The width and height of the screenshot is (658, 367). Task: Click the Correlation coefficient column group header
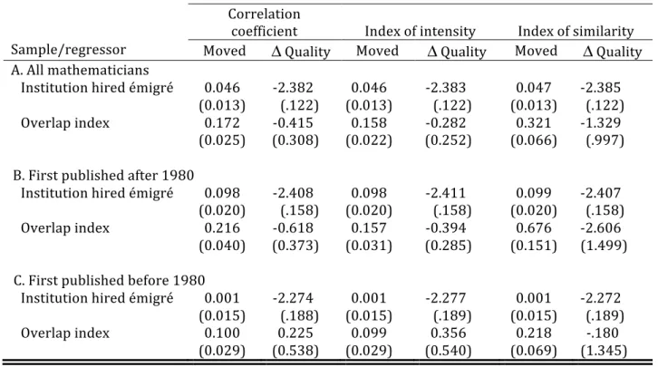(264, 23)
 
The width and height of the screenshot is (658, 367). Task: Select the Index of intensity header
(420, 31)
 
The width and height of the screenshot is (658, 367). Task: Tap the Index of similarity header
(576, 31)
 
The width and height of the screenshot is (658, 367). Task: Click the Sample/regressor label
(68, 50)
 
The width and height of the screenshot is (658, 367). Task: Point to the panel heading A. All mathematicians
(80, 70)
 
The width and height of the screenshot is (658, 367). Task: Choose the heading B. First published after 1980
(103, 175)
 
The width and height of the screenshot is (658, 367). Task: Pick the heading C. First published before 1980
(109, 280)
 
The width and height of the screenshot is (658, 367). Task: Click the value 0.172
(222, 123)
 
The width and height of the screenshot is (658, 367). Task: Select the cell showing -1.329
(600, 123)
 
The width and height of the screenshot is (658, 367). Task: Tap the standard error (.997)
(605, 140)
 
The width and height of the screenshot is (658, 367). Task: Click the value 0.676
(533, 227)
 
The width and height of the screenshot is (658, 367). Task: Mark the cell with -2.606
(600, 227)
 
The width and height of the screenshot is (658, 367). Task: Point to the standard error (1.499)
(604, 246)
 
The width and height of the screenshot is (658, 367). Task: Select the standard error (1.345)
(604, 351)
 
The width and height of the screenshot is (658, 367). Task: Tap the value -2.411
(445, 193)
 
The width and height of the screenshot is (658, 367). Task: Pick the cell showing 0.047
(533, 88)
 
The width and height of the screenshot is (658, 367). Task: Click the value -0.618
(293, 227)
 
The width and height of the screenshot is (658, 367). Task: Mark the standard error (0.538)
(295, 351)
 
